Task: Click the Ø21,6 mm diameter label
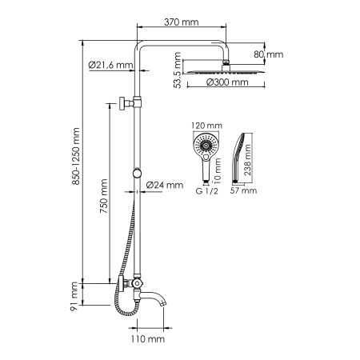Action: coord(110,66)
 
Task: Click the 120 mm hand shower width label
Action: coord(206,126)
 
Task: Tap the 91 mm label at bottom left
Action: coord(77,294)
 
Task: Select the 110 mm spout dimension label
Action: coord(150,339)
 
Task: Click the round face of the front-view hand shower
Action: coord(206,146)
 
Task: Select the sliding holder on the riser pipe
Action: coord(139,174)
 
